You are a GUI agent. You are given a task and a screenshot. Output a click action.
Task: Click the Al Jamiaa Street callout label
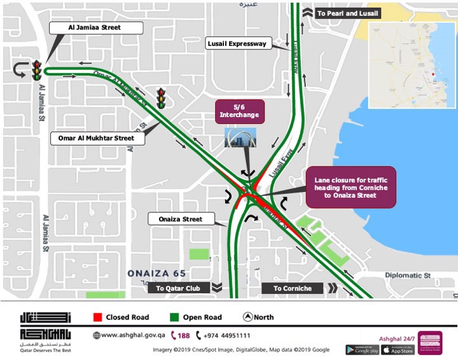coord(94,28)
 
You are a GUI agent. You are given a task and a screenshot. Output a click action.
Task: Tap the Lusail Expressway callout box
coord(237,43)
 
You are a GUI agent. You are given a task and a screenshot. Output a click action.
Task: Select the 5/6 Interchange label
coord(239,111)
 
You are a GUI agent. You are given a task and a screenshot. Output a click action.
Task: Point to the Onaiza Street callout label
coord(184,219)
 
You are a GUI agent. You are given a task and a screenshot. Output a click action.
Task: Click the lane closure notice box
coord(350,188)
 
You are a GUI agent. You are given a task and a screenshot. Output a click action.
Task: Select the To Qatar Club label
coord(179,288)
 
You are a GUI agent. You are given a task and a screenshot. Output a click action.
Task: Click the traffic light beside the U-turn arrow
coord(38,69)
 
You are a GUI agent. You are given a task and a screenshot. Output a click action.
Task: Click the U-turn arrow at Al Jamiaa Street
coord(19,69)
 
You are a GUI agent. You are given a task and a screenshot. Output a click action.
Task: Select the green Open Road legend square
coord(174,317)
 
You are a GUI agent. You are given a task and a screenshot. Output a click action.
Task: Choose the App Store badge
coord(399,349)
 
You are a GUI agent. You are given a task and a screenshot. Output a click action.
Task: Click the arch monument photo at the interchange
coord(240,138)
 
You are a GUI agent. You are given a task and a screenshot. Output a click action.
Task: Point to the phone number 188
coord(180,335)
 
